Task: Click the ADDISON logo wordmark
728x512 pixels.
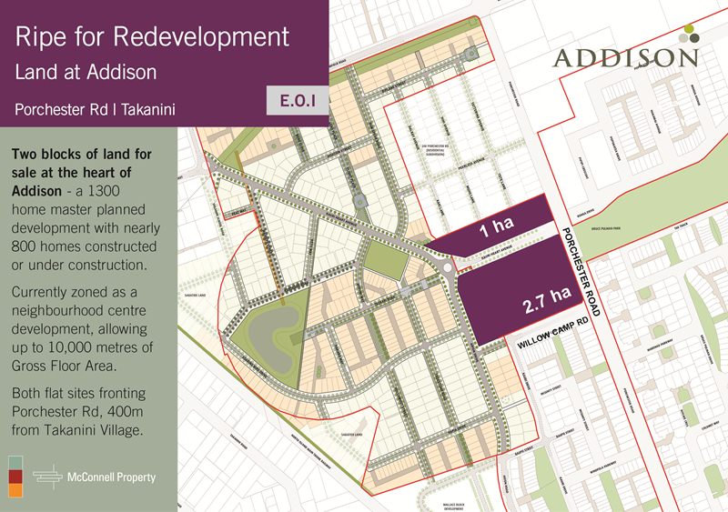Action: [x=626, y=58]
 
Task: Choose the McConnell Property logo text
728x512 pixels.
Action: [x=113, y=477]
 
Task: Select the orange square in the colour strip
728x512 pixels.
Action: [x=15, y=491]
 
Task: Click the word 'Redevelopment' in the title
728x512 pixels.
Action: [x=215, y=37]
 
